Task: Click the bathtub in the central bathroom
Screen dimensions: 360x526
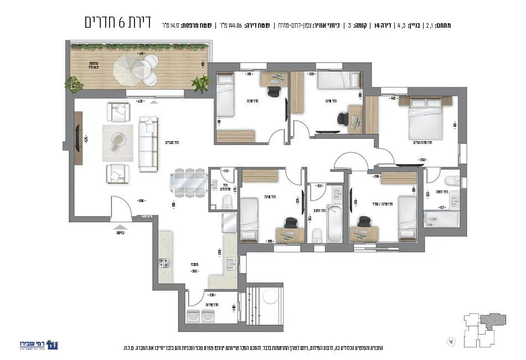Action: coord(335,223)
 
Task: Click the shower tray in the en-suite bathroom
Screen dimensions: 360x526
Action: coord(441,218)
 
